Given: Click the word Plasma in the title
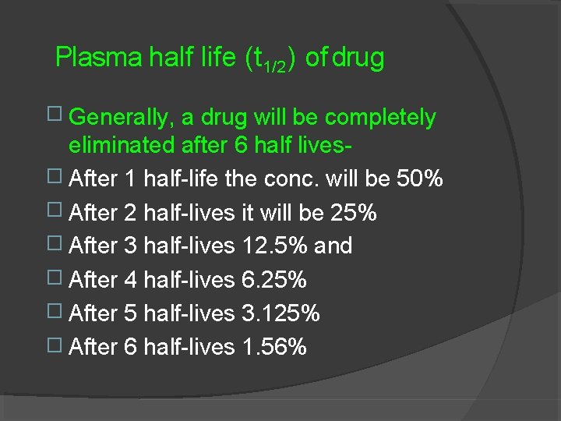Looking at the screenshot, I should pos(98,57).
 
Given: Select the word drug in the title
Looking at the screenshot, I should pos(358,58).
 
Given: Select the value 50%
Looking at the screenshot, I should pos(419,179).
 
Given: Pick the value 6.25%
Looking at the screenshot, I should pos(274,280).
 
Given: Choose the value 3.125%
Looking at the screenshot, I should pos(280,313).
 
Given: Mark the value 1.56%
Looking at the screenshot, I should pos(274,347).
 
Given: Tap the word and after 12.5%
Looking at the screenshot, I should pos(333,246).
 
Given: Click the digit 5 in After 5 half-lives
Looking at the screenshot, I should pos(130,313).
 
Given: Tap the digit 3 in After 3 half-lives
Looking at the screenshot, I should pos(130,246).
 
